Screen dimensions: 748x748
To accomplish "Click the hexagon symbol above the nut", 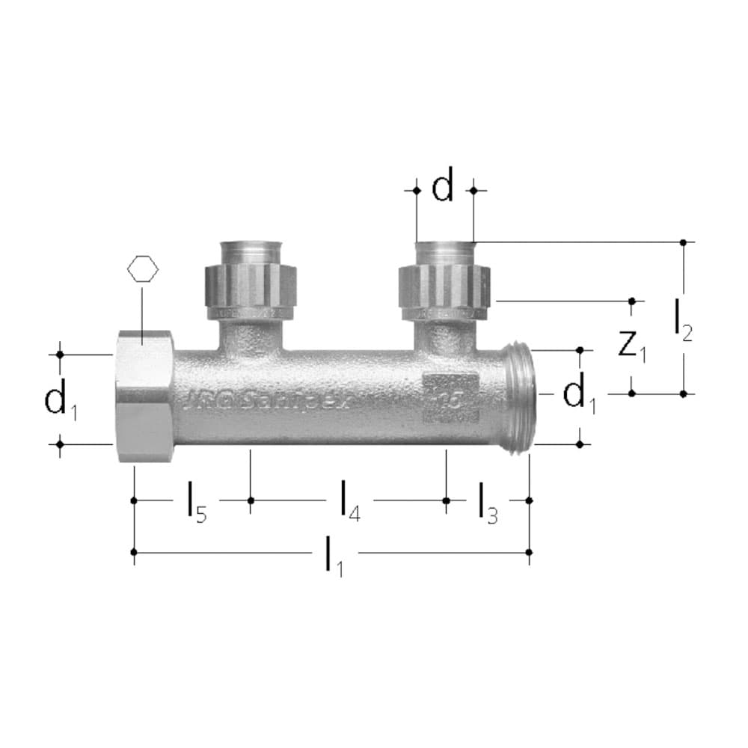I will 143,269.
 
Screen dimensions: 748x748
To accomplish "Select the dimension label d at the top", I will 443,188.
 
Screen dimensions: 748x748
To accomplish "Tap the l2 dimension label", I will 682,319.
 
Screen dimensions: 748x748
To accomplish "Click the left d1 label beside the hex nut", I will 60,399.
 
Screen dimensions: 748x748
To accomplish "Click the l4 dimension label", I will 349,501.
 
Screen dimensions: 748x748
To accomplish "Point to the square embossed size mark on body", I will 450,397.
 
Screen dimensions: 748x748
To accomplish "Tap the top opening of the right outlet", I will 445,245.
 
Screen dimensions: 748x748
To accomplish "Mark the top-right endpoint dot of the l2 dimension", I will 683,242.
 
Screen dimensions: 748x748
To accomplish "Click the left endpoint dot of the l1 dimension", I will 134,552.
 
